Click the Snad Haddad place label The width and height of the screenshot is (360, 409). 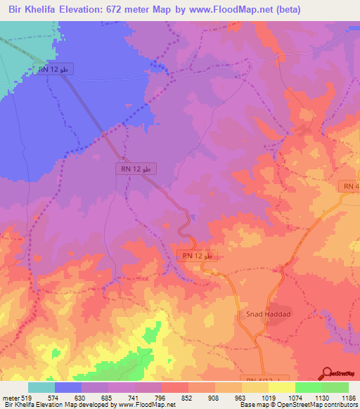click(266, 315)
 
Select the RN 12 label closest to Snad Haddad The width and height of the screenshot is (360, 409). click(198, 257)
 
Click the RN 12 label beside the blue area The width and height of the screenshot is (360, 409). click(53, 70)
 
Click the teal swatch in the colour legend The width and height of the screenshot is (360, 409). click(41, 387)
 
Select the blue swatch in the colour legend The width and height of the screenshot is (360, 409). click(68, 387)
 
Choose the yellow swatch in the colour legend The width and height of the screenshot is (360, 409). click(282, 387)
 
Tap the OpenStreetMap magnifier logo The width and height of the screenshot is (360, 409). click(327, 373)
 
